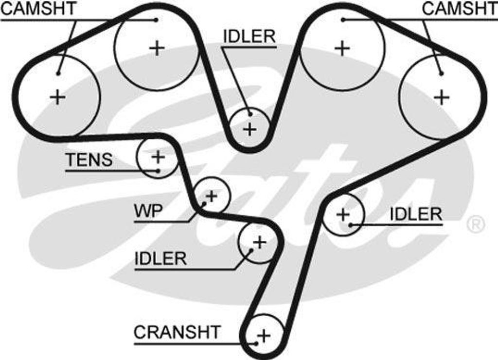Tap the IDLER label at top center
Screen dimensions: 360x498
click(249, 36)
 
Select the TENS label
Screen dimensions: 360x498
click(89, 160)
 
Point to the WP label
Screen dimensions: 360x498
click(148, 212)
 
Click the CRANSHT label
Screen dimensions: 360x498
click(177, 333)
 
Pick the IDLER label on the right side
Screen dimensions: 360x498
click(416, 214)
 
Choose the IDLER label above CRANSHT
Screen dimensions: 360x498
click(160, 258)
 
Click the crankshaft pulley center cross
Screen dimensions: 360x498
click(263, 335)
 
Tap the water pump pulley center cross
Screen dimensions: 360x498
click(212, 196)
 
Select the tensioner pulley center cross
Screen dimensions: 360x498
click(158, 157)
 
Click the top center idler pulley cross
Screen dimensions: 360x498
click(249, 129)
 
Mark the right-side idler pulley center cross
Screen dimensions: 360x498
click(343, 214)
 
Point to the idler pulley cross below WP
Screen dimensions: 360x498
click(260, 242)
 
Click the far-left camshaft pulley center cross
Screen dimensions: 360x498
click(58, 97)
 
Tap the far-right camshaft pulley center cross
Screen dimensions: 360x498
click(442, 97)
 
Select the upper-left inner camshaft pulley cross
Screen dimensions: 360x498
click(157, 48)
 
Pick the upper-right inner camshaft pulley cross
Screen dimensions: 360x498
click(343, 48)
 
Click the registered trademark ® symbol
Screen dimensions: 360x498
click(476, 224)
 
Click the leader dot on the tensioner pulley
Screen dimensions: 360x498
click(159, 170)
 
